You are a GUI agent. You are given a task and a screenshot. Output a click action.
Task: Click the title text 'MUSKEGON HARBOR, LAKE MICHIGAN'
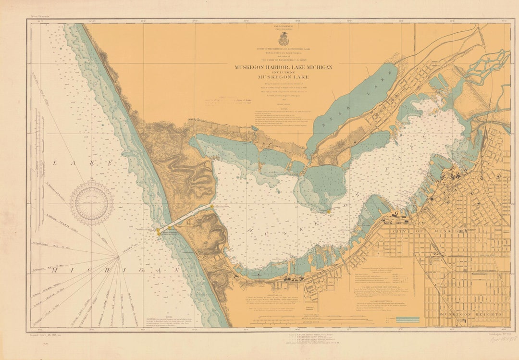[283, 67]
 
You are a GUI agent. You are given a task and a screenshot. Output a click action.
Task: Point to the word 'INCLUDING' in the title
[283, 72]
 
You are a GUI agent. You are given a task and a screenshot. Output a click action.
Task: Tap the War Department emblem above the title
[284, 39]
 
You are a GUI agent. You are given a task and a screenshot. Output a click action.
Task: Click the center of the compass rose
[91, 203]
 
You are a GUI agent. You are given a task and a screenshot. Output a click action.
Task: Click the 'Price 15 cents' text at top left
[40, 16]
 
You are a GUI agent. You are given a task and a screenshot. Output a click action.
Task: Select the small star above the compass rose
[91, 179]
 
